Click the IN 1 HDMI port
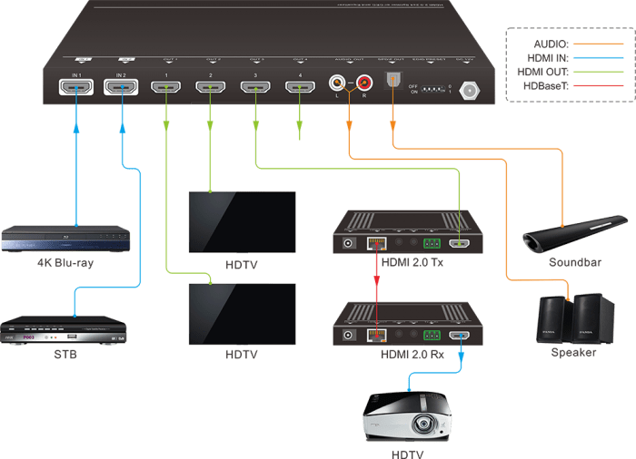click(x=76, y=88)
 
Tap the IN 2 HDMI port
click(x=121, y=88)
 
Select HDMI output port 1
click(x=165, y=88)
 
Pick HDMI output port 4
click(x=300, y=88)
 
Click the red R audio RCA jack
click(x=365, y=83)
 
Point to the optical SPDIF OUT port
click(x=393, y=81)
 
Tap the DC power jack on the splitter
click(x=471, y=90)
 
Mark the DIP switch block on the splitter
click(x=426, y=90)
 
